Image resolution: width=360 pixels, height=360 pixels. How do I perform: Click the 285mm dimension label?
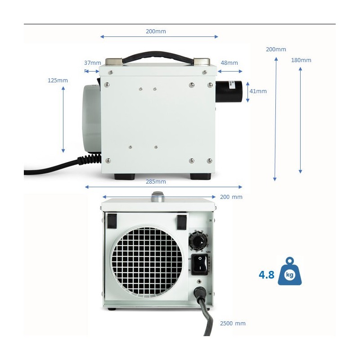tap(156, 182)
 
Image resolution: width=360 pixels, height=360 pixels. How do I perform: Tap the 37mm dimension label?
tap(92, 63)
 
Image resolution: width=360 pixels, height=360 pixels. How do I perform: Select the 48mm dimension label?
tap(229, 63)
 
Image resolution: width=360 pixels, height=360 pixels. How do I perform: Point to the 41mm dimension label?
tap(258, 91)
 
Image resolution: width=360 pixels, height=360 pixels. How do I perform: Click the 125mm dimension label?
tap(58, 80)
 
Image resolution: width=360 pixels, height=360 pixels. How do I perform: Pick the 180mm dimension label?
tap(301, 60)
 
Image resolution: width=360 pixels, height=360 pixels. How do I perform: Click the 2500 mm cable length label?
tap(233, 323)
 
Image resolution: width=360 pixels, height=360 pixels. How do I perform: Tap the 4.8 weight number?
tap(266, 275)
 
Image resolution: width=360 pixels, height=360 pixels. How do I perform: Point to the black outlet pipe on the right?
tap(231, 91)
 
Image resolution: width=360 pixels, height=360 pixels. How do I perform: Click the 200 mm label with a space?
tap(231, 197)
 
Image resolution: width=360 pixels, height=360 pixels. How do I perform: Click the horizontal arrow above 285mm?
tap(163, 187)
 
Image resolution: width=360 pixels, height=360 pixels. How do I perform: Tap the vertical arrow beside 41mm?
tap(247, 91)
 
